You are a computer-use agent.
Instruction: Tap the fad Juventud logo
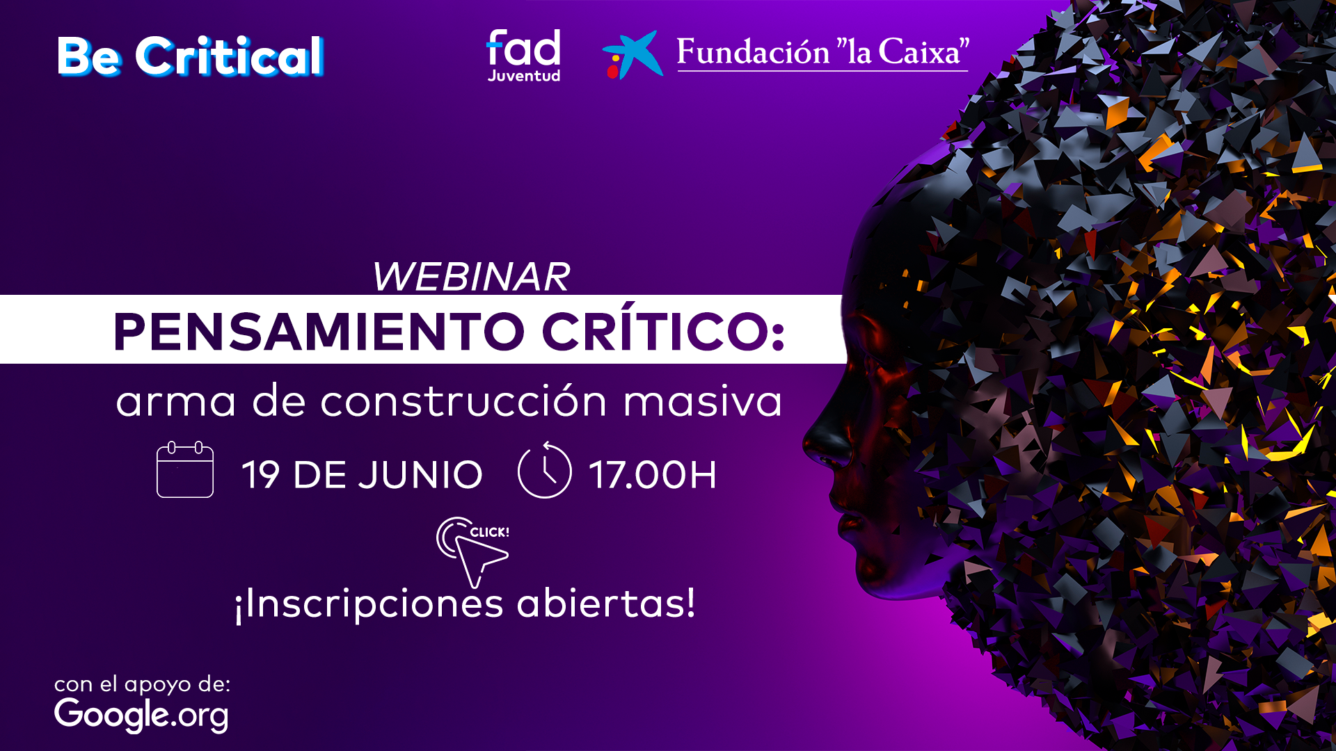(523, 56)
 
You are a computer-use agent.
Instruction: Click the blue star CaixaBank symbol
(633, 54)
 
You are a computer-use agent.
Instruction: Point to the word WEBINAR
(471, 277)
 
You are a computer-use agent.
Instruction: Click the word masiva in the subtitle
(703, 401)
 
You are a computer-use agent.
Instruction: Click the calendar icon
(185, 469)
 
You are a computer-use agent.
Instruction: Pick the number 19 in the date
(260, 475)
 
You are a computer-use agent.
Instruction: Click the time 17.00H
(653, 475)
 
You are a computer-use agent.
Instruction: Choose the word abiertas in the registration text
(606, 603)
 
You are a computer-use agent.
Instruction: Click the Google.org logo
(141, 714)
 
